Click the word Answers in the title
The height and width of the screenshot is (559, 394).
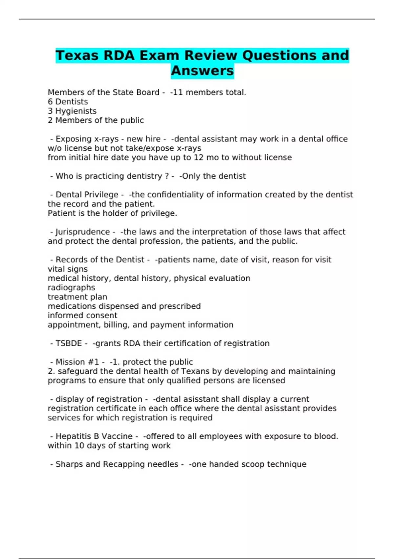point(202,71)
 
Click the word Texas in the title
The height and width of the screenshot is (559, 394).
point(77,55)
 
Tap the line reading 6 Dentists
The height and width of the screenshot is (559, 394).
point(68,102)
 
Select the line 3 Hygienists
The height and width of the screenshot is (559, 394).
point(72,111)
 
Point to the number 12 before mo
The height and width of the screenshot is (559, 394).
point(199,158)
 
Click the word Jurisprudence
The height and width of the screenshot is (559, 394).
point(83,232)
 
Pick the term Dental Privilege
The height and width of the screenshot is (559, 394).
point(87,195)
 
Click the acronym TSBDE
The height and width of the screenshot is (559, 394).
point(69,343)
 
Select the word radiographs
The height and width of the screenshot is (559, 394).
point(72,287)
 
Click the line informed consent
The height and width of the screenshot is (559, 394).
point(83,315)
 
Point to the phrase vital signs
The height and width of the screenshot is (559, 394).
point(68,269)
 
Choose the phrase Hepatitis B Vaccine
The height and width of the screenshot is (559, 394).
point(94,436)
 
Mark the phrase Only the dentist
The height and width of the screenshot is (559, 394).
point(214,176)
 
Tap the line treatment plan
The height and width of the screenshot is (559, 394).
point(77,297)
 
